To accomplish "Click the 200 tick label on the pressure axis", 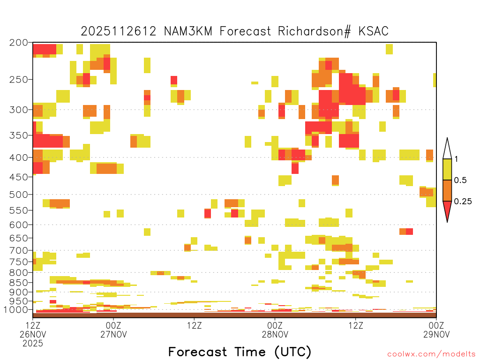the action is click(19, 43).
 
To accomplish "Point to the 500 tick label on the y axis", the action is click(19, 195).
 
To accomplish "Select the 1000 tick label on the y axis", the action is click(16, 310).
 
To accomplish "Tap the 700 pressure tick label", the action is click(19, 250).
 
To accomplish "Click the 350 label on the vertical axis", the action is click(19, 135).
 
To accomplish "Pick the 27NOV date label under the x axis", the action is click(113, 334).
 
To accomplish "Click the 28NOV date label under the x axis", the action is click(275, 334).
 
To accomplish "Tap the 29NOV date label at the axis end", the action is click(436, 334).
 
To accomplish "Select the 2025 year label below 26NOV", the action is click(33, 344).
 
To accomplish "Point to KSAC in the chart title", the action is click(374, 31).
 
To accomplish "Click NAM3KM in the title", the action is click(188, 31).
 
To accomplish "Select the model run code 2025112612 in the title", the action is click(119, 31).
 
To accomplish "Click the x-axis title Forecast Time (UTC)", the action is click(240, 352).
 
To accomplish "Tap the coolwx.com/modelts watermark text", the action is click(431, 354).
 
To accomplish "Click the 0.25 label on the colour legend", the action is click(463, 202).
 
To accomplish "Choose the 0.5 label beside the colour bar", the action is click(460, 180).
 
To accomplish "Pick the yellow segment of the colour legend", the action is click(447, 170).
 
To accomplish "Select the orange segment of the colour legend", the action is click(447, 191).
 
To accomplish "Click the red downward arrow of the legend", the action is click(447, 210).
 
